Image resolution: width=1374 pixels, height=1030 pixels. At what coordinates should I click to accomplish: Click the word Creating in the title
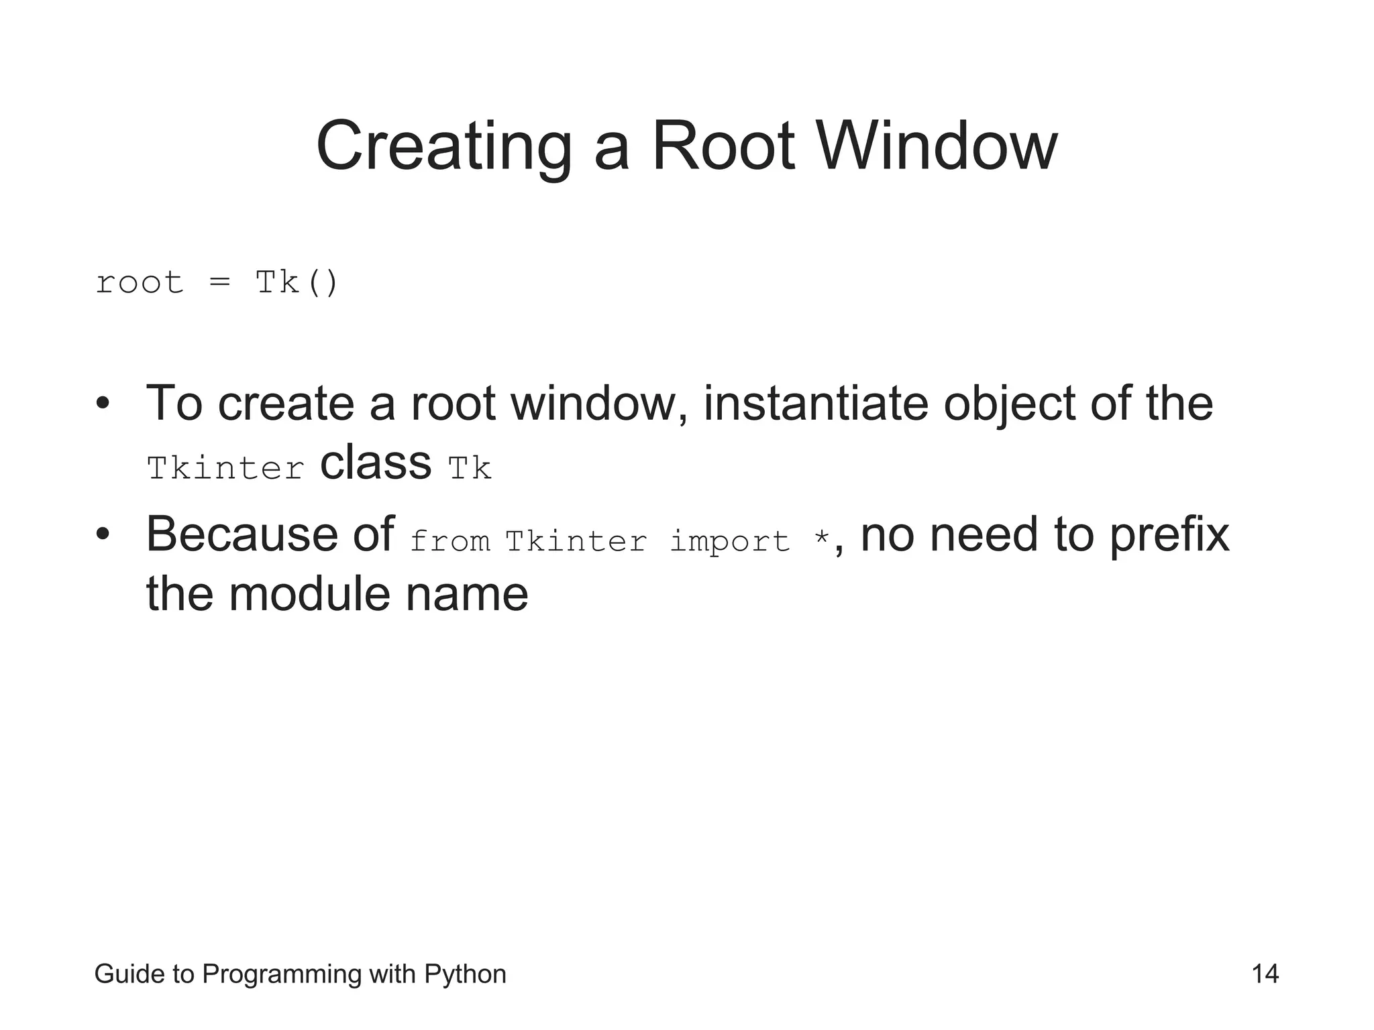coord(443,146)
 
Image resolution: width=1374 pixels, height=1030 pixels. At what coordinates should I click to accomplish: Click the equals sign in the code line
coord(219,282)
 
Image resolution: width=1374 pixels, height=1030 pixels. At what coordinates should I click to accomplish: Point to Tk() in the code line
coord(297,282)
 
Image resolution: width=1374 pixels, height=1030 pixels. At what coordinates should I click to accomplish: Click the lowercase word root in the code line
coord(140,282)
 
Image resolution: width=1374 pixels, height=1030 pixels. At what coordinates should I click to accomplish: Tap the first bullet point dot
coord(102,404)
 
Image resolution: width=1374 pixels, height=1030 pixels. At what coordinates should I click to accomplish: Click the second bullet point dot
coord(102,535)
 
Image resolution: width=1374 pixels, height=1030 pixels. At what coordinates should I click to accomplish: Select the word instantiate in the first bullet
coord(816,404)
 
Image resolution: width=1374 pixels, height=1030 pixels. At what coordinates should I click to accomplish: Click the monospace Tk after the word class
coord(470,468)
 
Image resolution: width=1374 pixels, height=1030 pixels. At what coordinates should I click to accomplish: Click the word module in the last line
coord(309,594)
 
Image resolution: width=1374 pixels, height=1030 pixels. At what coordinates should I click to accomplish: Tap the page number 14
coord(1265,974)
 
